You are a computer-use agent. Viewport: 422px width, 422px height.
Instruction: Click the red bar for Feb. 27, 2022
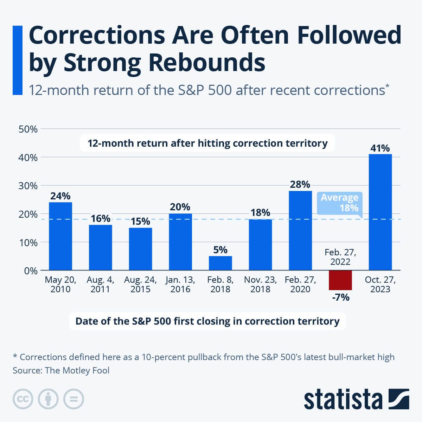click(340, 280)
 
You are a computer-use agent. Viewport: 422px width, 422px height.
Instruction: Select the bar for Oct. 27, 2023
click(380, 212)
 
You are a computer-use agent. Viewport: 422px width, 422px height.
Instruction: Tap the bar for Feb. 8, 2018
click(220, 263)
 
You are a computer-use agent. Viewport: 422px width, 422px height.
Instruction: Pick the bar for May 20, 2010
click(60, 236)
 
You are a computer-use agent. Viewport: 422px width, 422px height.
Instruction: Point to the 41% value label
click(380, 148)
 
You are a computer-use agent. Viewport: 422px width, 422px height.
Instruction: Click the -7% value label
click(340, 298)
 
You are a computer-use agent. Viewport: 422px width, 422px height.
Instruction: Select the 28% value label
click(300, 185)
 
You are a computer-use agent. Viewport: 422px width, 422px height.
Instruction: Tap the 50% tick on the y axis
click(28, 129)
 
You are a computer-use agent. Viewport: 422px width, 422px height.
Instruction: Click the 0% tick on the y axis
click(31, 271)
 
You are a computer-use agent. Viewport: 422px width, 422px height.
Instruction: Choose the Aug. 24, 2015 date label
click(140, 284)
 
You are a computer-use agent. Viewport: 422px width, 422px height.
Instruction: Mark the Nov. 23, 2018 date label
click(260, 284)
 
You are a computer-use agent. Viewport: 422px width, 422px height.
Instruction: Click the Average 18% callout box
click(339, 203)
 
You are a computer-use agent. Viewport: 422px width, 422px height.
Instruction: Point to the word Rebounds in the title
click(207, 63)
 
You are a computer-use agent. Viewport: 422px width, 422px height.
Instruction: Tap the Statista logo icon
click(399, 399)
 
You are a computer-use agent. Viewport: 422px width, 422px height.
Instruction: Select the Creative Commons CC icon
click(23, 399)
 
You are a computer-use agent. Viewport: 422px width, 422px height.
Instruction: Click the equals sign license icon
click(73, 399)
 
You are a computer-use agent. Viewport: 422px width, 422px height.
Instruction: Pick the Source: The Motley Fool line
click(61, 371)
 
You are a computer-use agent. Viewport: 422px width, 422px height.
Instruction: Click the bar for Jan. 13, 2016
click(180, 242)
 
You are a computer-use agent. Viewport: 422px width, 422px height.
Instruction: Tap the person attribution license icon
click(48, 399)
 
